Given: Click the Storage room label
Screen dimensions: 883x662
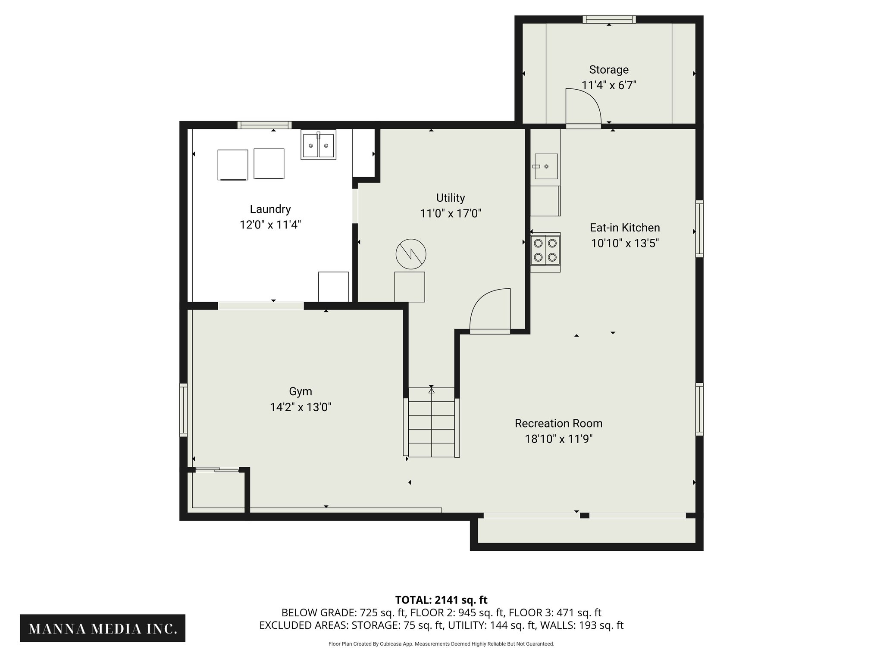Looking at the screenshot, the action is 609,70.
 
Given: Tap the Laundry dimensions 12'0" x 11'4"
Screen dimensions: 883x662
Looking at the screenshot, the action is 270,225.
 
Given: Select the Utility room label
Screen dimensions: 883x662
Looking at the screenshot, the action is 451,198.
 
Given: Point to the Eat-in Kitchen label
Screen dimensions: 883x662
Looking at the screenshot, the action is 625,228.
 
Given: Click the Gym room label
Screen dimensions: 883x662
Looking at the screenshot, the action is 301,392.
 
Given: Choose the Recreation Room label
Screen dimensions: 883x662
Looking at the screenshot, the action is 559,423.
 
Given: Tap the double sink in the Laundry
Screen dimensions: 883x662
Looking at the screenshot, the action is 318,145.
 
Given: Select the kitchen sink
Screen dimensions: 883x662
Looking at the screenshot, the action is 546,166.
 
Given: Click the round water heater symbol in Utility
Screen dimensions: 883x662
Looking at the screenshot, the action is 411,254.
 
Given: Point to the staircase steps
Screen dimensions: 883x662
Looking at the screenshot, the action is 432,422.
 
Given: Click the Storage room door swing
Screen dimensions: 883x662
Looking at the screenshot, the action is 583,106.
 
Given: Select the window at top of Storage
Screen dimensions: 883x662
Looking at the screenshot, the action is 609,19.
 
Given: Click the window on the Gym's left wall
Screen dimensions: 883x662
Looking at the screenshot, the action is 184,410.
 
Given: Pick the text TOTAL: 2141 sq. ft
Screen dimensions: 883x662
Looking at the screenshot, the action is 441,600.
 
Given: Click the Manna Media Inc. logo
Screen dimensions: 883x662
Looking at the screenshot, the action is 103,628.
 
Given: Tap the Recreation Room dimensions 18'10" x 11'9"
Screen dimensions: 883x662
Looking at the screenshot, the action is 559,439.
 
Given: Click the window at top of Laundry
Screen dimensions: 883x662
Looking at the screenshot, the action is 264,125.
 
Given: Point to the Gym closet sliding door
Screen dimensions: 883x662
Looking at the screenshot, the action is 217,470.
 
